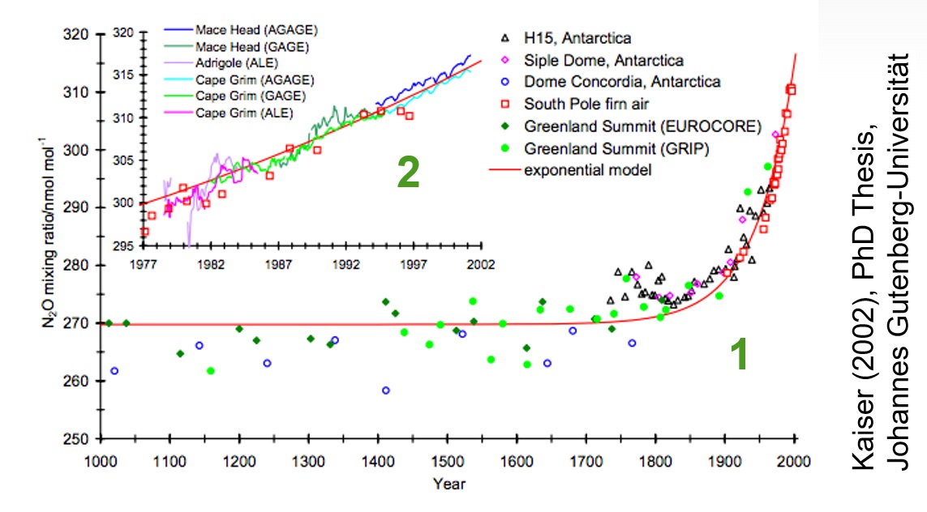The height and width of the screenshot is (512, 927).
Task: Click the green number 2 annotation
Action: pyautogui.click(x=407, y=172)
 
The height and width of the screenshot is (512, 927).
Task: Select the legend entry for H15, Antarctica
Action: pyautogui.click(x=577, y=38)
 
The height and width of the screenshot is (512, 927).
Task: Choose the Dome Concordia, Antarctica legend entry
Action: pyautogui.click(x=621, y=82)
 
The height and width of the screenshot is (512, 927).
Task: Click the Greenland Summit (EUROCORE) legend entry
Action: pyautogui.click(x=642, y=126)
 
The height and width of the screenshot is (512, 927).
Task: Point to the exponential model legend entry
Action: pyautogui.click(x=587, y=170)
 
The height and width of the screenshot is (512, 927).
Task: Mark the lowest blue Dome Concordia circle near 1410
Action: pyautogui.click(x=386, y=390)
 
